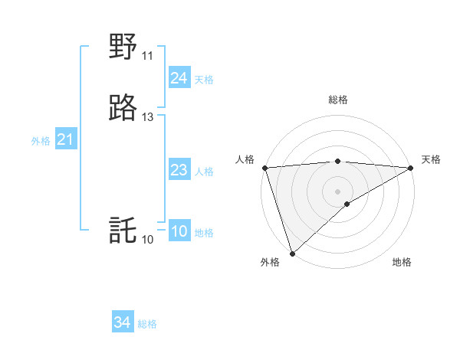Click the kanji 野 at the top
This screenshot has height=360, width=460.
pos(123,47)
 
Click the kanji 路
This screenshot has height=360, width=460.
pos(123,109)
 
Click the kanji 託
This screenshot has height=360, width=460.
pos(123,231)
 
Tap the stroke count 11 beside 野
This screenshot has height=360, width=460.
pos(147,56)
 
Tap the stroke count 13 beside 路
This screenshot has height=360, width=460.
pos(147,117)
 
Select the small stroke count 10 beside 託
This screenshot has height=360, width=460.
pos(147,240)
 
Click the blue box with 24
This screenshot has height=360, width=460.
pos(179,78)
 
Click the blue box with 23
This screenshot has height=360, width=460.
pos(179,170)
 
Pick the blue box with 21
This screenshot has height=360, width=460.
pos(65,140)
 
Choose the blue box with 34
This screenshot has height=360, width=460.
pos(123,322)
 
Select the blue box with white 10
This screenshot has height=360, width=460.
pos(179,231)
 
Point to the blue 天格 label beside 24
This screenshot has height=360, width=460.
pos(204,80)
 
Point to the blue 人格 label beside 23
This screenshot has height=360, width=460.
pos(204,172)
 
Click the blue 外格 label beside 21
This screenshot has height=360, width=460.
pos(41,141)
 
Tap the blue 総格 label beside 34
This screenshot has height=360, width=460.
pos(147,324)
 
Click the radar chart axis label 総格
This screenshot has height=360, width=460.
pos(338,100)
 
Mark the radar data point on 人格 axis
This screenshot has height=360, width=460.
pos(264,168)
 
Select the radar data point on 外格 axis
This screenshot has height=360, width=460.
pos(292,254)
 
